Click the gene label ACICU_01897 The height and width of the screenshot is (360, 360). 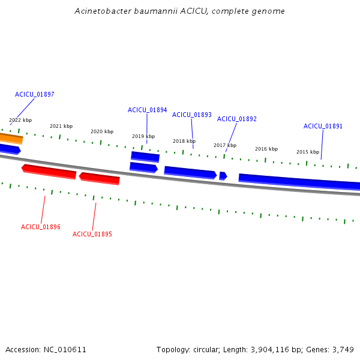(34, 94)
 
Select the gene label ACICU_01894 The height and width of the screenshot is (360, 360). (147, 110)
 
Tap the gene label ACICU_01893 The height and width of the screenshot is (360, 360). (192, 115)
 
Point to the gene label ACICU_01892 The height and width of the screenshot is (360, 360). (237, 119)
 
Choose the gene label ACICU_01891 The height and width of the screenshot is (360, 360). (323, 126)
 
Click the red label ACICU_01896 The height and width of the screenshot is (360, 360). (41, 227)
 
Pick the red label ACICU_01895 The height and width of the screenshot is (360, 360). (92, 234)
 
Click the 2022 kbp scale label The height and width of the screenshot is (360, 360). (20, 120)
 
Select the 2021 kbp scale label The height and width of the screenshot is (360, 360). (61, 126)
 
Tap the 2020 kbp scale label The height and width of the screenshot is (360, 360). (102, 131)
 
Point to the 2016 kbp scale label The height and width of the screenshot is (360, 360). (266, 149)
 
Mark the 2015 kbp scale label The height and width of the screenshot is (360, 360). (308, 152)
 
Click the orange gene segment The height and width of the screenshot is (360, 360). (11, 138)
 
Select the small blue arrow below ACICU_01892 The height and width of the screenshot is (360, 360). (223, 176)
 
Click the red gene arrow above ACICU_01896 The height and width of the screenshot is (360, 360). (49, 172)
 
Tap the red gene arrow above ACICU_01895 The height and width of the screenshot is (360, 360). (100, 179)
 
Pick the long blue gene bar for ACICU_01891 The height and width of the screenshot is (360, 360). (299, 182)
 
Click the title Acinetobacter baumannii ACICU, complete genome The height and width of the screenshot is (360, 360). (180, 11)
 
